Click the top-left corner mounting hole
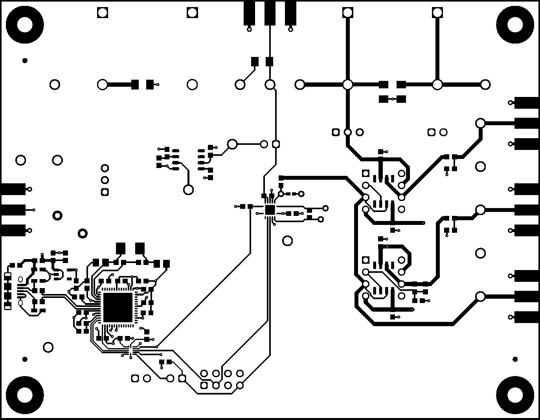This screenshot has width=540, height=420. coord(24,25)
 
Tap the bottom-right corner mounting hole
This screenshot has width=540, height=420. coord(515,394)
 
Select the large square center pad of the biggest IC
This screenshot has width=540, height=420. coord(117,307)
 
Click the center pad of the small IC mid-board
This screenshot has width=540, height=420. coord(270,210)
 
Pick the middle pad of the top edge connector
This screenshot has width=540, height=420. coord(270,13)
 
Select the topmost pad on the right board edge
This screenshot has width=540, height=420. coord(527,103)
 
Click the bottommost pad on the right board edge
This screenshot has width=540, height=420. coord(527,317)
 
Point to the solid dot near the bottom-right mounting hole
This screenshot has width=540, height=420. coord(515,359)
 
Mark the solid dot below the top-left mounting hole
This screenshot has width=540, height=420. coord(25,60)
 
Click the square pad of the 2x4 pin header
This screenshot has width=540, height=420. coord(204,385)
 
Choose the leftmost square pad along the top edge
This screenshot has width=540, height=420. coord(103,13)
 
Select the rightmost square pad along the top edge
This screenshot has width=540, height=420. coord(437,13)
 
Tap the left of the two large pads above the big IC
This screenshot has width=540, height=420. coord(121,248)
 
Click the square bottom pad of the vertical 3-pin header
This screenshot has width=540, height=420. coord(105,192)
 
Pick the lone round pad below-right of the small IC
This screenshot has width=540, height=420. coord(288,241)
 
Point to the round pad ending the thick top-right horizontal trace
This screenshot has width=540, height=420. coord(485,84)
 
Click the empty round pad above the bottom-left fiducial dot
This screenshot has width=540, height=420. coord(48,347)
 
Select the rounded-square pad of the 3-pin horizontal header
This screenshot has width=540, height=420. coord(336,132)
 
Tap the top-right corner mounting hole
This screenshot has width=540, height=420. coord(515,25)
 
